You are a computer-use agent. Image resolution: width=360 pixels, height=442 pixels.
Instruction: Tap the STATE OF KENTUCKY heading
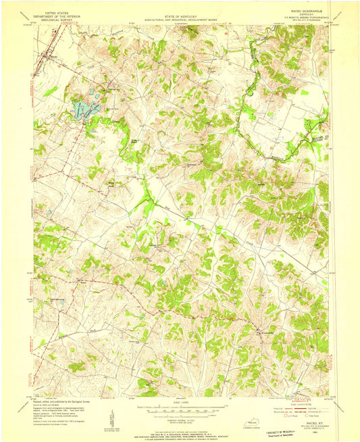180,12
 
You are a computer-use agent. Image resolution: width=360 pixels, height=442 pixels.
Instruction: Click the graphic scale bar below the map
180,407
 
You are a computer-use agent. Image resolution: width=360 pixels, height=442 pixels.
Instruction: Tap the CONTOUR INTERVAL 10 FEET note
180,414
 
